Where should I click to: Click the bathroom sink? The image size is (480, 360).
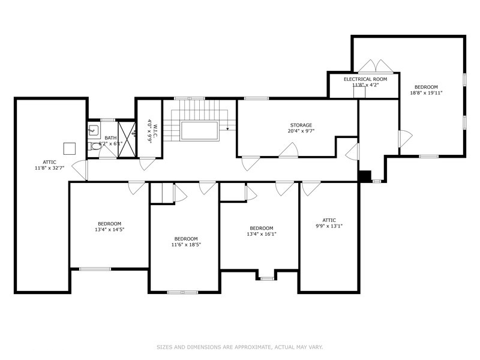coord(94,130)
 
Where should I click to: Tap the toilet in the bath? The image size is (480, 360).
coord(95,146)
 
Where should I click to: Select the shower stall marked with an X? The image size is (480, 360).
coord(126,139)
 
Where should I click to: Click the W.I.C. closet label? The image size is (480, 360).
coord(154,131)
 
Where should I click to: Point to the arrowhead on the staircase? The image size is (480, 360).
coord(228,128)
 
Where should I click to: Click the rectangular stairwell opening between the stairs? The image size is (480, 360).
coord(199,130)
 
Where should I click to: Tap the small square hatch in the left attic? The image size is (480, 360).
coord(70,148)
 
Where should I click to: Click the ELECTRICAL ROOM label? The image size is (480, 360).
coord(365,79)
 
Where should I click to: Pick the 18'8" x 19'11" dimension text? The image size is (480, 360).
coord(426,93)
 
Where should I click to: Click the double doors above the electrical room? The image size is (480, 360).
coord(376,65)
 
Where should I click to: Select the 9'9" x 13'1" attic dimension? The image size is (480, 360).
coord(329,226)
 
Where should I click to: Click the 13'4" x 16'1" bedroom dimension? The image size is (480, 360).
coord(262,235)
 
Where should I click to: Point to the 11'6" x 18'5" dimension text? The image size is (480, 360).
coord(186,244)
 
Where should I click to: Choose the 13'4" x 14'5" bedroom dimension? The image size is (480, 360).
coord(109,229)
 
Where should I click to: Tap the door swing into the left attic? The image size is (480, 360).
coord(79,170)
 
